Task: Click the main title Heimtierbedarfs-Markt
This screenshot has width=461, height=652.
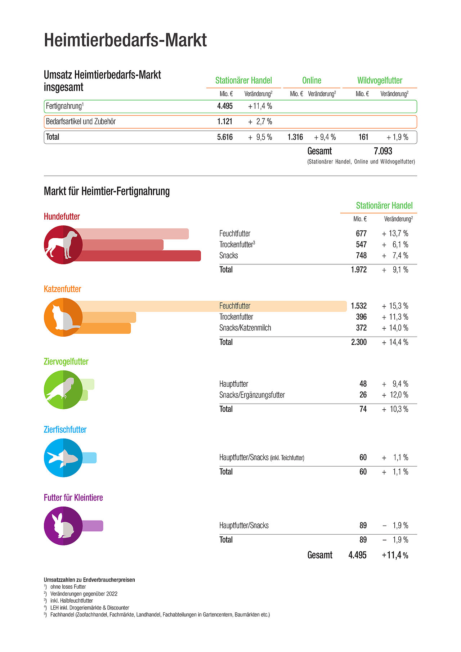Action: (125, 40)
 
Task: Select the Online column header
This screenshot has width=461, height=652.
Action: (312, 80)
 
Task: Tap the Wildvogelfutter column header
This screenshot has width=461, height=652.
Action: (380, 80)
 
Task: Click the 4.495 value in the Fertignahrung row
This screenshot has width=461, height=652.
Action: (225, 106)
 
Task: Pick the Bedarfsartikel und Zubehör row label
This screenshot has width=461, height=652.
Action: (81, 122)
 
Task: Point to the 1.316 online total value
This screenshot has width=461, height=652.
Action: (295, 137)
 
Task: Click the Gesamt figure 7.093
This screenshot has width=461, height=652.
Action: (383, 151)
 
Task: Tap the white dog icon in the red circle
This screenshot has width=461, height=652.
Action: (62, 244)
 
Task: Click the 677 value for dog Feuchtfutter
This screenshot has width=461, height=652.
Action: (361, 234)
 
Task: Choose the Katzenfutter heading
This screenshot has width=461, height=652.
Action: (62, 289)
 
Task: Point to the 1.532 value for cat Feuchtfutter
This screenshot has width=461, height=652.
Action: (359, 306)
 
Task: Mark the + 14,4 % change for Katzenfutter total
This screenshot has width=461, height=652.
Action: (395, 342)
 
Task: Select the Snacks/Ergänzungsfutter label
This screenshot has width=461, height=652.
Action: (252, 395)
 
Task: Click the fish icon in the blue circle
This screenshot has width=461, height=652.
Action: (63, 458)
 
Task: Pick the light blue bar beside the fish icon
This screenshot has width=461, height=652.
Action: (90, 458)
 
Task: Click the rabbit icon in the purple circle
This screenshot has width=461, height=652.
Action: (63, 526)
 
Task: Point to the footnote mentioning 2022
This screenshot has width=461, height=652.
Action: (84, 594)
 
